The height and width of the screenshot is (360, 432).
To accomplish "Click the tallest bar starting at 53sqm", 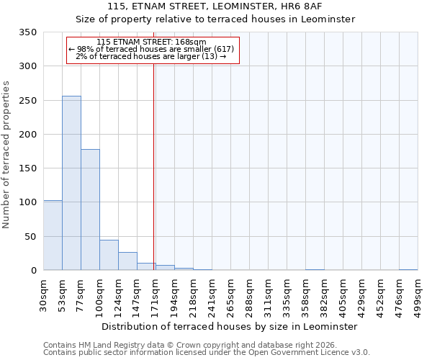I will pos(71,183).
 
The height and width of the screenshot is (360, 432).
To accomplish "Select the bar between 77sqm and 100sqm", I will pos(90,210).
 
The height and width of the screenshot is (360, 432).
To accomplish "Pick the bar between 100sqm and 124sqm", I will pos(109,255).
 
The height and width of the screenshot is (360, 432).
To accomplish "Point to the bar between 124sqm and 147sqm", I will pos(127,261).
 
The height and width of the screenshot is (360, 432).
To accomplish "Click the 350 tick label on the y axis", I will pos(27,32).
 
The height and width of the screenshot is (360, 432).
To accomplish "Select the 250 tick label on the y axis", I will pos(27,101).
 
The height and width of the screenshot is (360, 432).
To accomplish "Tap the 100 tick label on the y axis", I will pos(27,202).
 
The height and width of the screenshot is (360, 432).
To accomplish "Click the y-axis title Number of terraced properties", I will pos(6,154).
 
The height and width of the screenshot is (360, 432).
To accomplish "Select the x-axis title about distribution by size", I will pos(229,326).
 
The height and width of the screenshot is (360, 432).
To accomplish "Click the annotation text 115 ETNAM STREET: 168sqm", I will pos(151,42).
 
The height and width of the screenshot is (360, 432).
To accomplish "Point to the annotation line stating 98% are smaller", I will pos(151,49).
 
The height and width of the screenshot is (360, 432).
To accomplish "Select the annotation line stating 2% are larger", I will pos(151,56).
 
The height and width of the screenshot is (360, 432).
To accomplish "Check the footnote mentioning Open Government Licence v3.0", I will pos(207,352).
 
